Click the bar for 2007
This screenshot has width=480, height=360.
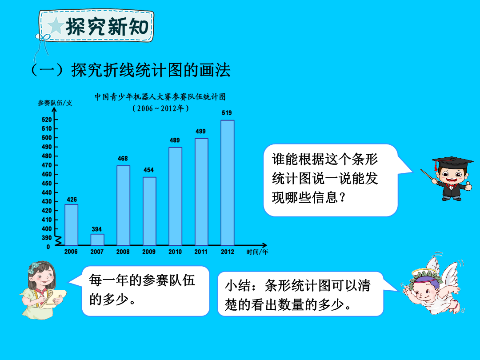point(97,240)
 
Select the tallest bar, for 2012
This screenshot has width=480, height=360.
point(228,183)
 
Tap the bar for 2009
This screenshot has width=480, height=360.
point(149,211)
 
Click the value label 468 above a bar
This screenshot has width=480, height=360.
point(123,159)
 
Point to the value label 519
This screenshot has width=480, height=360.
point(227,113)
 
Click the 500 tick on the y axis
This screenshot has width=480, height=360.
point(47,138)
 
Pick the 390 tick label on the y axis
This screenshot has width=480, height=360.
point(47,238)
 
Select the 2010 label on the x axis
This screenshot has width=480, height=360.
point(175,252)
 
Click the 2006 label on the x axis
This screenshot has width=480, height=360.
point(71,252)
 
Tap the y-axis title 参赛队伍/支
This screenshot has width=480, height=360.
point(55,103)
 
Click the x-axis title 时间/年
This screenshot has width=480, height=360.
point(257,252)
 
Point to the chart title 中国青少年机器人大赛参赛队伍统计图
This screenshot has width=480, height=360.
point(160,97)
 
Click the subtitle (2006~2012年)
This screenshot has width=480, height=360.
point(161,108)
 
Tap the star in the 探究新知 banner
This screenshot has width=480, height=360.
point(56,25)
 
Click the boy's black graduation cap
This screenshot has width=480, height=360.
point(452,162)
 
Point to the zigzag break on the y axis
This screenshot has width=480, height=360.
point(58,240)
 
